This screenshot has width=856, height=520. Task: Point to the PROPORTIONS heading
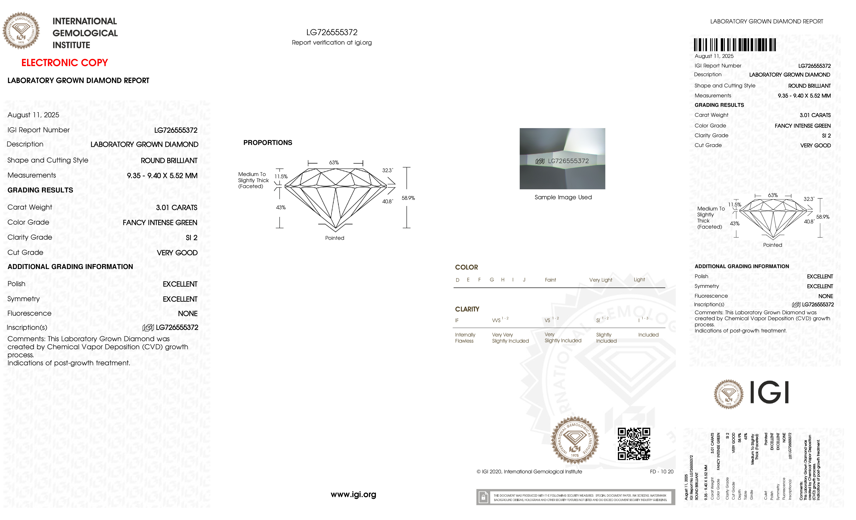coord(267,142)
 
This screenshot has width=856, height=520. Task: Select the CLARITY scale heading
coord(467,309)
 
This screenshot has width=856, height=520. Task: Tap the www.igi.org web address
coord(353,494)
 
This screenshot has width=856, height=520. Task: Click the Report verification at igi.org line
coord(331,42)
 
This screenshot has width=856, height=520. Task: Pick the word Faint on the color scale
coord(550,280)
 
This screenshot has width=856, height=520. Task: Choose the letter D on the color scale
coord(458,280)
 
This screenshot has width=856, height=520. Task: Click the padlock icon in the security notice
coord(483,497)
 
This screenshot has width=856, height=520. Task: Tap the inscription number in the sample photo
coord(568,161)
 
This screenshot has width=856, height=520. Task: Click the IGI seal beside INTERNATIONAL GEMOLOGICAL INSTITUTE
coord(21,31)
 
